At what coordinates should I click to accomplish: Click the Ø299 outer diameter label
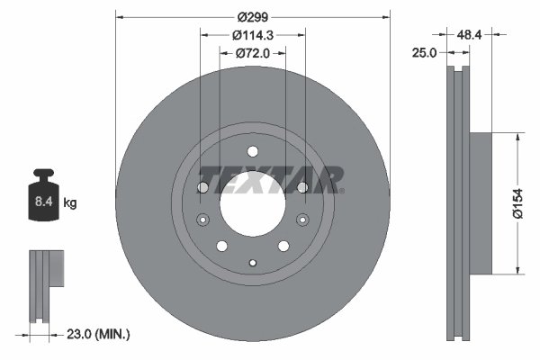pos(253,15)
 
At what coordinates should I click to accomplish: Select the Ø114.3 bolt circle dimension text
pos(253,35)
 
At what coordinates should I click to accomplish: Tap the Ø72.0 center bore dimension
pos(253,53)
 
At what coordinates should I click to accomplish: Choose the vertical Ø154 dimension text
pos(517,203)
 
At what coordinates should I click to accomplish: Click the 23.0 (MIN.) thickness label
pos(99,334)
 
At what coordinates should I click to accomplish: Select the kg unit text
pos(70,204)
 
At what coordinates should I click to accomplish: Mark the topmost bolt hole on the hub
pos(253,150)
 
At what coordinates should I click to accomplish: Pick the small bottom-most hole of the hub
pos(253,263)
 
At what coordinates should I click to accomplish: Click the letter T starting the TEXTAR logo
pos(208,179)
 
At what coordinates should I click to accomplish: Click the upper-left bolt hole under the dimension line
pos(203,187)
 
